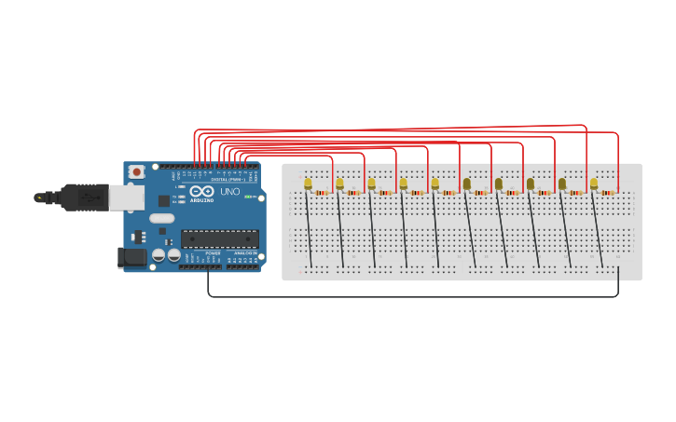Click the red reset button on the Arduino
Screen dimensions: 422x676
[x=137, y=172]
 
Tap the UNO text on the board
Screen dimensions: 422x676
[x=229, y=192]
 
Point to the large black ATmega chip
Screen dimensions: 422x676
[x=219, y=239]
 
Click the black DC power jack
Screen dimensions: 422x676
[x=132, y=257]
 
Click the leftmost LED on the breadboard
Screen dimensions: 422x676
[x=308, y=184]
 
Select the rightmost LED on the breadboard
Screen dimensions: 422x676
[x=594, y=184]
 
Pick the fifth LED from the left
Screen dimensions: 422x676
[x=435, y=184]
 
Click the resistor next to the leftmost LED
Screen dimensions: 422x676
[x=323, y=193]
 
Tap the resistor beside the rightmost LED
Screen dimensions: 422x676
[x=609, y=193]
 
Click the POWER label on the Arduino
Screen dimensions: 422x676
[x=214, y=253]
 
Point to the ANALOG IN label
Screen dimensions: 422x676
[x=245, y=253]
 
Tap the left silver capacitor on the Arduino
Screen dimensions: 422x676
[x=159, y=254]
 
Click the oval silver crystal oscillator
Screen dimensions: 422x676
[x=161, y=219]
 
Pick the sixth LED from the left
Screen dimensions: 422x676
[x=466, y=184]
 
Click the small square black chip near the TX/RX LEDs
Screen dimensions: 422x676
[x=164, y=199]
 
